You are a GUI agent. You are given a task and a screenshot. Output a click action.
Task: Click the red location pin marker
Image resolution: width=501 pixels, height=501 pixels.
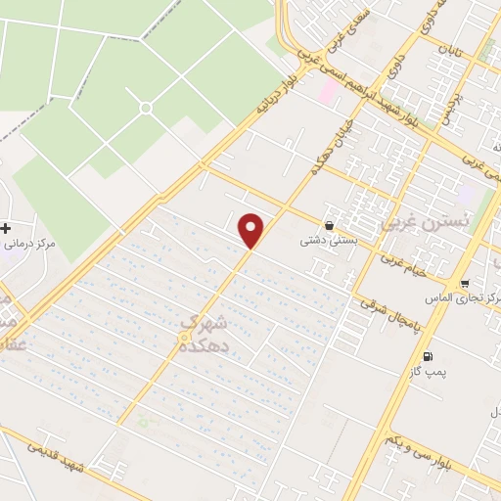pyautogui.click(x=251, y=229)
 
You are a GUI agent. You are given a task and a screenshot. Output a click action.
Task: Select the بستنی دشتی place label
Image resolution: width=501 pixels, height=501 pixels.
pyautogui.click(x=330, y=236)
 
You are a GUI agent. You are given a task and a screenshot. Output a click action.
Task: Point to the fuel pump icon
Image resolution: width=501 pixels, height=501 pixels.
pyautogui.click(x=427, y=356)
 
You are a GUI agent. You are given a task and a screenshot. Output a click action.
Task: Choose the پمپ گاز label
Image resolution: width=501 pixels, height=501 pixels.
pyautogui.click(x=427, y=373)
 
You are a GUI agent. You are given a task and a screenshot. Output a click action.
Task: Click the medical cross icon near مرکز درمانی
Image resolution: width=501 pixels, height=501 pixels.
pyautogui.click(x=7, y=228)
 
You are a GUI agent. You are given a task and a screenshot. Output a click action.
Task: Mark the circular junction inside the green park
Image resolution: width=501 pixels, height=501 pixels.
pyautogui.click(x=146, y=108)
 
